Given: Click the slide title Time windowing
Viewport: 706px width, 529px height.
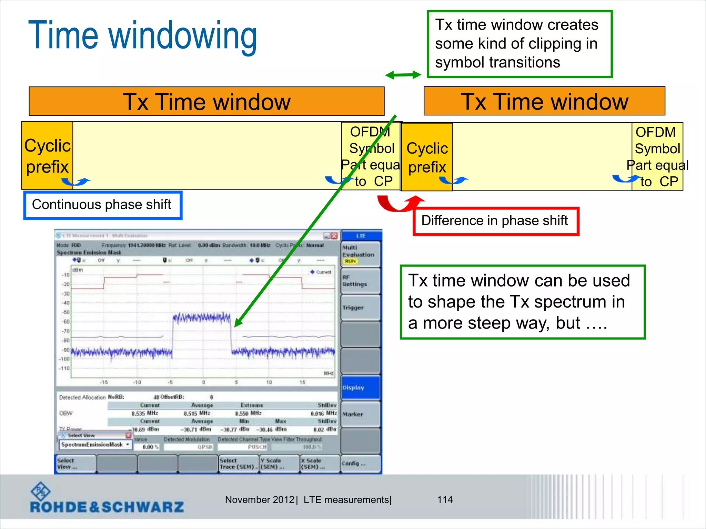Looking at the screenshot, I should click(x=142, y=35).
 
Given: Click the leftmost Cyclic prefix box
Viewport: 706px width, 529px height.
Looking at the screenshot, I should click(x=47, y=156).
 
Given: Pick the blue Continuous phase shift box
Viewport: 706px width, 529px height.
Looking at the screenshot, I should click(x=102, y=205).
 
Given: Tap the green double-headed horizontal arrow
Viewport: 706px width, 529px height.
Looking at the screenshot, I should click(x=403, y=75).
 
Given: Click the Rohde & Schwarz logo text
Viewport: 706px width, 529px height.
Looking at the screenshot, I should click(x=107, y=507).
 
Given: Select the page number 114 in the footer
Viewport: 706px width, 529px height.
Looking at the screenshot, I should click(x=445, y=500).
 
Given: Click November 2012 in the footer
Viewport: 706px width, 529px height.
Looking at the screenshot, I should click(x=259, y=500).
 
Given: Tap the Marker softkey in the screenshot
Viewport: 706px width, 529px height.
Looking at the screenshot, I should click(x=360, y=414).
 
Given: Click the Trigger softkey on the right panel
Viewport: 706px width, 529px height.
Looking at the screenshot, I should click(x=360, y=308).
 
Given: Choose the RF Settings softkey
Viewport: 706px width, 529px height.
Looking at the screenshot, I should click(x=360, y=281).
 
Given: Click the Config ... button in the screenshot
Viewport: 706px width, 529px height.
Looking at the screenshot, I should click(x=360, y=464).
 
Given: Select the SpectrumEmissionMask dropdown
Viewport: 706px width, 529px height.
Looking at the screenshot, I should click(x=94, y=445).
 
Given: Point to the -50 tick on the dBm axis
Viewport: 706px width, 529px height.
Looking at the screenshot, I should click(x=65, y=312).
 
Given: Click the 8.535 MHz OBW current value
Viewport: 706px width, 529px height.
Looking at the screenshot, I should click(x=144, y=413).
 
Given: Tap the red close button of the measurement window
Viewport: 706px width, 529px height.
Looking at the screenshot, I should click(x=334, y=236).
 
